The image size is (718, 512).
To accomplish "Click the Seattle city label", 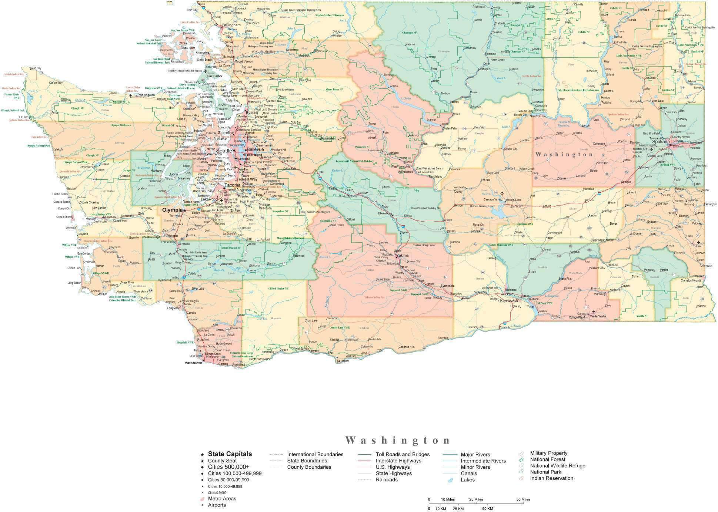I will pos(224,151).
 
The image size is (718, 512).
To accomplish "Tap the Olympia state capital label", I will pos(172,210).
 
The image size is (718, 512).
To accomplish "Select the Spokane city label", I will pos(661,142).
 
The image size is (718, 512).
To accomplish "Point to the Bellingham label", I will pos(231,25).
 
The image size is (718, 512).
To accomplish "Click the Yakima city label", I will pos(403,256).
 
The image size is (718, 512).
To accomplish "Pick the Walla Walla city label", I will pos(599,316).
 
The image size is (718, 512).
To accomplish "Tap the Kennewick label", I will pos(509,301).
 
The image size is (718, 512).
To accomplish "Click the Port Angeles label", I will pos(146,95).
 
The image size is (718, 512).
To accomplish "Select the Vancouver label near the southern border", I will pos(193,363).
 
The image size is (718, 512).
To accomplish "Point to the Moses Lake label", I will pos(514,200).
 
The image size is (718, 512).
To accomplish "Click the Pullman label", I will pos(698,246).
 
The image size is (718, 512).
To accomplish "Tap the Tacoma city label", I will pos(233,185).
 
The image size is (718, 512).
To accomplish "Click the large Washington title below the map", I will pos(398,440).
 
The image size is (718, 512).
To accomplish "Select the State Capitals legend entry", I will pos(230,454).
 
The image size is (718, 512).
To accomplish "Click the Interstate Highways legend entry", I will pos(398,461).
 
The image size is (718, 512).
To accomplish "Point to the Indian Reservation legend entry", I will pos(551,478).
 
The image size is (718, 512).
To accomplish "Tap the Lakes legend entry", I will pos(468,480).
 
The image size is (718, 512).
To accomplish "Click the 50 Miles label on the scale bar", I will pos(523,499).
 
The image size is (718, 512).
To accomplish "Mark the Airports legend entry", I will pos(217,505).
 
